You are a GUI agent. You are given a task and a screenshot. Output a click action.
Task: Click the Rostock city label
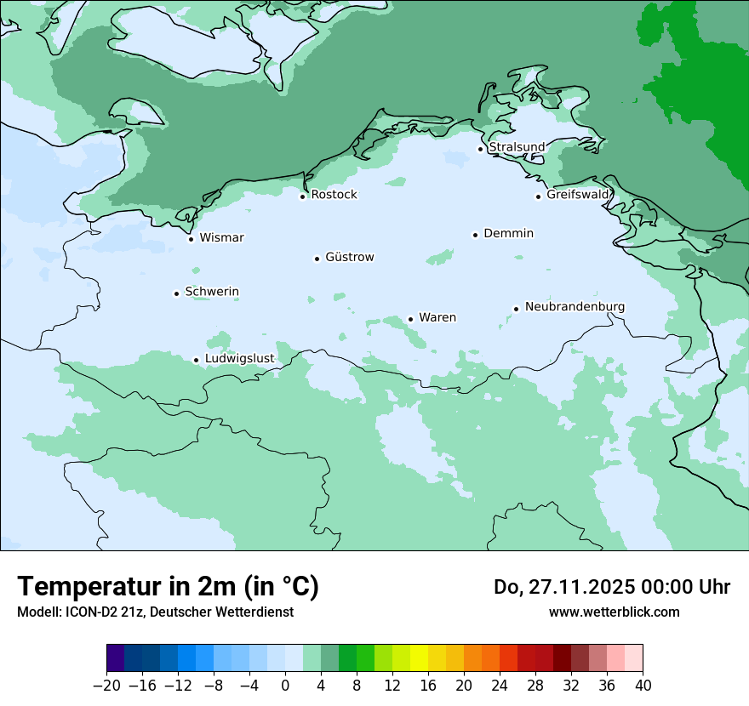(334, 195)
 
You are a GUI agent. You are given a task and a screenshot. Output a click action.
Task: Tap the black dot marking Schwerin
(176, 293)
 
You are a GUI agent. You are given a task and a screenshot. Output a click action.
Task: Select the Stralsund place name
(517, 147)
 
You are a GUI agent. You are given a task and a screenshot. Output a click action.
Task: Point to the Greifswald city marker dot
(538, 196)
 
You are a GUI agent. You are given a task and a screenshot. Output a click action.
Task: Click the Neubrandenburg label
(575, 307)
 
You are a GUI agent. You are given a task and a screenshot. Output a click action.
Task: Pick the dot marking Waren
(410, 319)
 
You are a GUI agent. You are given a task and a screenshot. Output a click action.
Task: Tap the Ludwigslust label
(239, 359)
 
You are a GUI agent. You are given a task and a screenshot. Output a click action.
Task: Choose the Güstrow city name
(349, 257)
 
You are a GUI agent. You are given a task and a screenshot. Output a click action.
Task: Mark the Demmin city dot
(475, 235)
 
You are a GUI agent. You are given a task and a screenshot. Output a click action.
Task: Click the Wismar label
(221, 237)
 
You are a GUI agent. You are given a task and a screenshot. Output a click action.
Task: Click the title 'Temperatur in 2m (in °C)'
(168, 587)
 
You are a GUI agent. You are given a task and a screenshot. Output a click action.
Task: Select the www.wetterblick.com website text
(614, 612)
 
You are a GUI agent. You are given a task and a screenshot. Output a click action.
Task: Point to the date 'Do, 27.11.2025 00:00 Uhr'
(611, 587)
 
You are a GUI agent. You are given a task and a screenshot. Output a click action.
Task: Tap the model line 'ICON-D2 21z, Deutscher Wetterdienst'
(155, 612)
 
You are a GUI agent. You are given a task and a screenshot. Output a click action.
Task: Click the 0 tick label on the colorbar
(285, 686)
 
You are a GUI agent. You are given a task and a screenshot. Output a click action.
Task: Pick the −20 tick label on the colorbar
(107, 686)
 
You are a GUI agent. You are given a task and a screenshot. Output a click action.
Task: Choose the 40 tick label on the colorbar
(643, 686)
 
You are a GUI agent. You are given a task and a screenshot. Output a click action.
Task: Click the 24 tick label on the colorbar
(500, 686)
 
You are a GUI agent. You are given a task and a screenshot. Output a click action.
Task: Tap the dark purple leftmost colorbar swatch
(116, 658)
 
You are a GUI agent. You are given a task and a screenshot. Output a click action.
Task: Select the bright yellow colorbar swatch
(419, 658)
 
